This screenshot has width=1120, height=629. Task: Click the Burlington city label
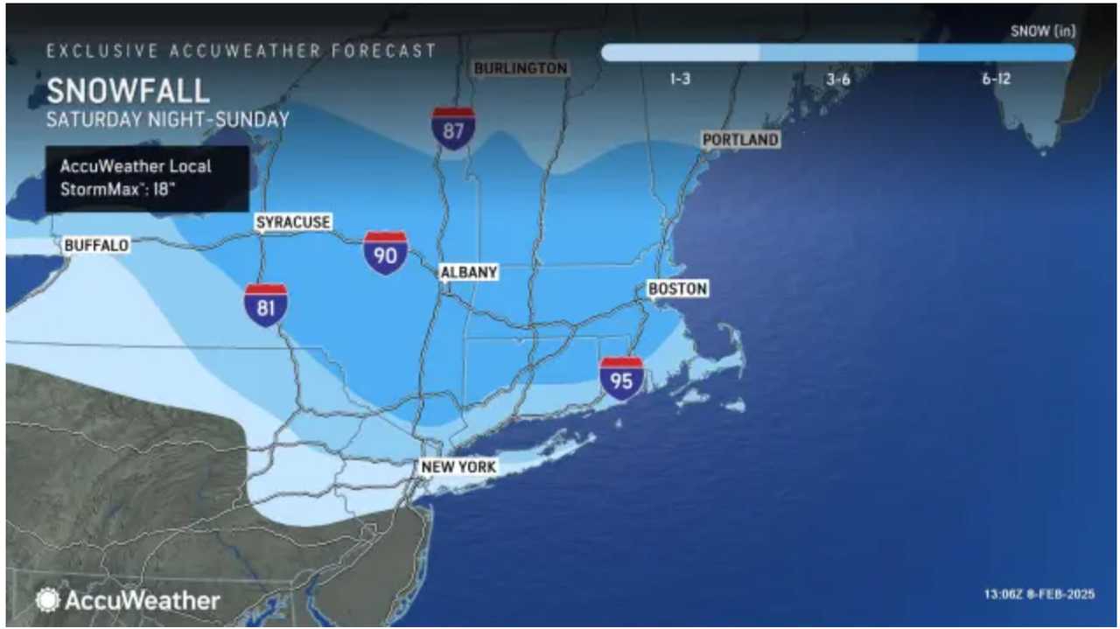(x=520, y=68)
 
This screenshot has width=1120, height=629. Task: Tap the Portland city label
(x=740, y=140)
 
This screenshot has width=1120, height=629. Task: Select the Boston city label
(x=677, y=289)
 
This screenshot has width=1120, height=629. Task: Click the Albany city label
(x=468, y=272)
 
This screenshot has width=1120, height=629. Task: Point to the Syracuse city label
(x=293, y=222)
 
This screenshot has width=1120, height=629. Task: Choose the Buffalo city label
(x=96, y=246)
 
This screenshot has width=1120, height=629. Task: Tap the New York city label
(x=458, y=467)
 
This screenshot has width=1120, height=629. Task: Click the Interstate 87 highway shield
(x=453, y=128)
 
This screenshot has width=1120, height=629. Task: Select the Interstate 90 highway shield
(x=386, y=253)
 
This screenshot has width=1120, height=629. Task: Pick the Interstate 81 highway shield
(x=266, y=305)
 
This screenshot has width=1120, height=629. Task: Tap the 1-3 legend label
(x=681, y=79)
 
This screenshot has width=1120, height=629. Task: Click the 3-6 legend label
(x=838, y=79)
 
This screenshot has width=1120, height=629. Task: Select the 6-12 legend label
(x=996, y=79)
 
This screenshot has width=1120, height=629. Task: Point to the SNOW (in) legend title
(x=1043, y=31)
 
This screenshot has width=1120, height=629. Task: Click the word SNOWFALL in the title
(x=128, y=91)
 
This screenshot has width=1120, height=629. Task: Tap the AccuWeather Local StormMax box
(x=147, y=178)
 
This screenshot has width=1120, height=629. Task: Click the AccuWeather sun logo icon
(x=46, y=600)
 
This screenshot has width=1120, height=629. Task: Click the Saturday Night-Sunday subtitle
(x=167, y=120)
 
